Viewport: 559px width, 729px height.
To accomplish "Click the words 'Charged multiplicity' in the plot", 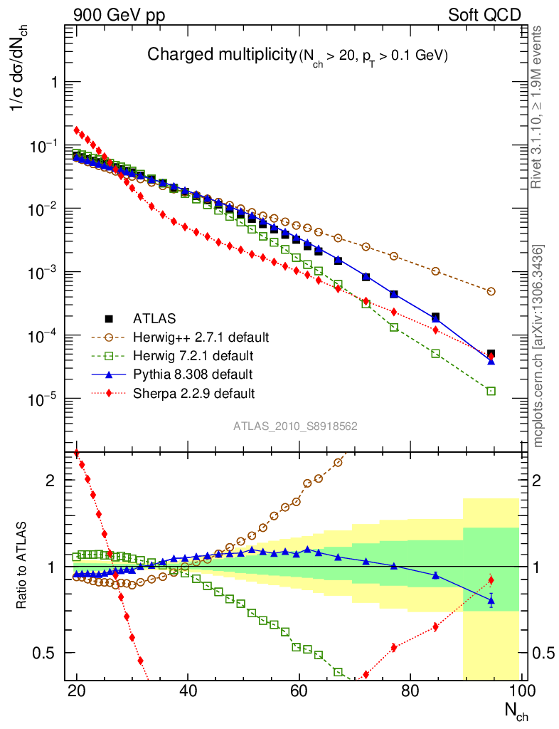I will pyautogui.click(x=220, y=55).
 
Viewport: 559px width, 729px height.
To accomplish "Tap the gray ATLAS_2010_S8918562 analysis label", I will pyautogui.click(x=295, y=426).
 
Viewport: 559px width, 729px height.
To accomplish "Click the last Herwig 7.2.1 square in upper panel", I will pyautogui.click(x=491, y=391).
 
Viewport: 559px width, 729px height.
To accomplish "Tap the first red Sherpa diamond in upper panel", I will pyautogui.click(x=77, y=130).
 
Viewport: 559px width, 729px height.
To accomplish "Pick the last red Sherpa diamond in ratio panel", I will pyautogui.click(x=491, y=579).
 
